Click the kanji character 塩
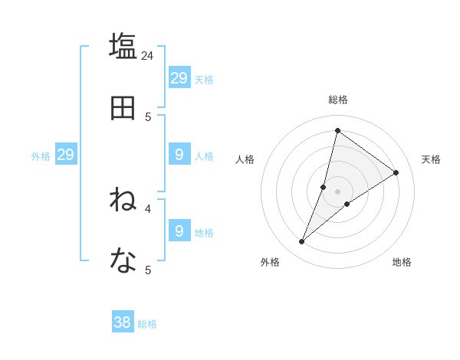click(x=123, y=46)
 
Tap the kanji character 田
click(x=123, y=108)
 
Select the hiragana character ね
click(x=123, y=200)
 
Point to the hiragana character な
click(x=123, y=261)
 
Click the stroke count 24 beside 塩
click(x=148, y=55)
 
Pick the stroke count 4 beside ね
click(x=148, y=208)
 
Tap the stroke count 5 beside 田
click(x=148, y=116)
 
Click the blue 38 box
click(x=123, y=322)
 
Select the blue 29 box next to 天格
click(x=179, y=78)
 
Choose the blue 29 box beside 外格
click(x=65, y=155)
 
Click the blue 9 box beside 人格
click(x=179, y=155)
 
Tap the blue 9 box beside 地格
click(x=179, y=231)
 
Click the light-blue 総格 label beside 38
click(x=147, y=324)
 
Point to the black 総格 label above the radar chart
click(x=338, y=100)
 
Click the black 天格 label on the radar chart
click(x=432, y=159)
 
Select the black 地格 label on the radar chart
click(x=402, y=262)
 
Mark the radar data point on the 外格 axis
click(x=302, y=242)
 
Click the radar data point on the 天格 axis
click(x=396, y=172)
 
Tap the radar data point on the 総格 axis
click(x=337, y=130)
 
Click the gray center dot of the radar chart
click(x=337, y=191)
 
